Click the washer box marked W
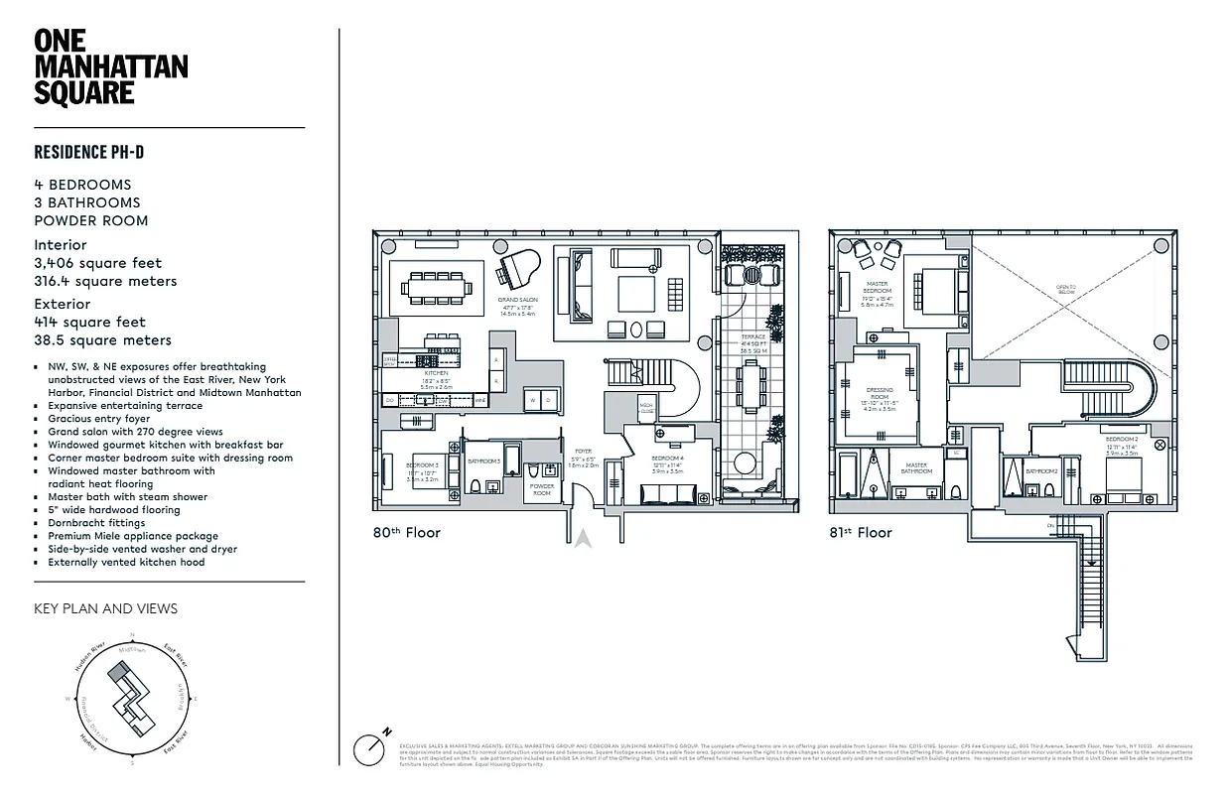pyautogui.click(x=533, y=401)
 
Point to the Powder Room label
pyautogui.click(x=542, y=489)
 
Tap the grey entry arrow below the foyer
pyautogui.click(x=584, y=539)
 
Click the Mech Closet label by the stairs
pyautogui.click(x=646, y=406)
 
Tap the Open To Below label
pyautogui.click(x=1065, y=291)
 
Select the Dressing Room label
pyautogui.click(x=879, y=397)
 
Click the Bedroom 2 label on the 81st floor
pyautogui.click(x=1121, y=443)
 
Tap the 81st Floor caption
pyautogui.click(x=861, y=533)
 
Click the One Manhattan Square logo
pyautogui.click(x=110, y=67)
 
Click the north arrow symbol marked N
pyautogui.click(x=371, y=746)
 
